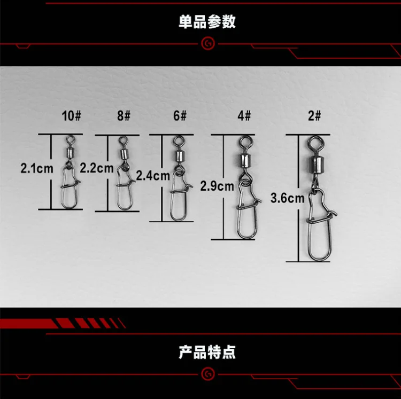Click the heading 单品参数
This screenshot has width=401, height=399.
tap(207, 22)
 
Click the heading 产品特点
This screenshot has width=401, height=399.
tap(207, 353)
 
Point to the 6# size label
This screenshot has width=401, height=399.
tap(179, 116)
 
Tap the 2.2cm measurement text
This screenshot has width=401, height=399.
tap(96, 168)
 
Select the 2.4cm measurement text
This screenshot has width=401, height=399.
tap(153, 176)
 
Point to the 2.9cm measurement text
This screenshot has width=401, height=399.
tap(217, 186)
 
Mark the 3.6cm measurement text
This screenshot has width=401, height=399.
tap(288, 198)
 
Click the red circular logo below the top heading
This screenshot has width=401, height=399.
tap(207, 43)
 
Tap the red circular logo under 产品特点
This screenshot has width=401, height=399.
tap(207, 374)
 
